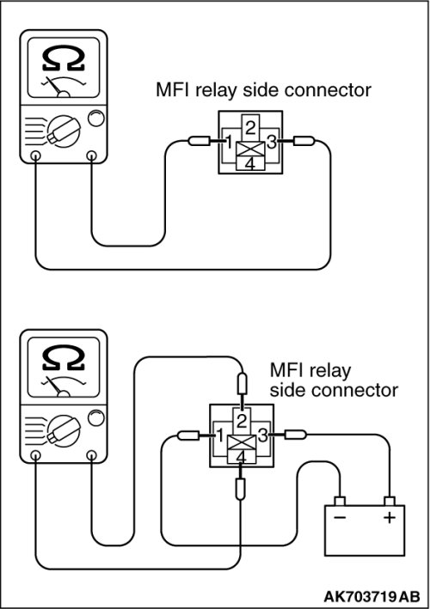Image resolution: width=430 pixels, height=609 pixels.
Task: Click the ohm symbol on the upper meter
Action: pyautogui.click(x=64, y=59)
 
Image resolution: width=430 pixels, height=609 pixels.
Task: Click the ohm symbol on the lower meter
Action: pyautogui.click(x=64, y=358)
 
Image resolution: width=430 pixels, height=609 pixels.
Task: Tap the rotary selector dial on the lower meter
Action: pyautogui.click(x=64, y=430)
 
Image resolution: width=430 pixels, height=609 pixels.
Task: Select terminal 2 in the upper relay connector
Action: pyautogui.click(x=250, y=127)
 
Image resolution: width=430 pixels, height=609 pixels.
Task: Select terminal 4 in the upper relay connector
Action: pyautogui.click(x=250, y=163)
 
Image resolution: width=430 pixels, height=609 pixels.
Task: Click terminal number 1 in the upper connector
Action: pyautogui.click(x=230, y=142)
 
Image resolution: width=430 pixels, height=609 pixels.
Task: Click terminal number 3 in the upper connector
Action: pyautogui.click(x=272, y=142)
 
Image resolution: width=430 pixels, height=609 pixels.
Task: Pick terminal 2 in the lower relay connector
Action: pyautogui.click(x=242, y=421)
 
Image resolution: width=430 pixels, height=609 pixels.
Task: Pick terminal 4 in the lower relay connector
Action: pyautogui.click(x=242, y=457)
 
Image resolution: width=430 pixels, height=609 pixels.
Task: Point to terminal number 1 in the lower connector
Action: pyautogui.click(x=220, y=435)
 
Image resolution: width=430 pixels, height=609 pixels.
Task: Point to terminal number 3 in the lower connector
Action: pyautogui.click(x=263, y=435)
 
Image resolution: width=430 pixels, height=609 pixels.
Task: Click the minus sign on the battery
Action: pyautogui.click(x=340, y=517)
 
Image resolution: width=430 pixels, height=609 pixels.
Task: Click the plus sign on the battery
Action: pyautogui.click(x=390, y=517)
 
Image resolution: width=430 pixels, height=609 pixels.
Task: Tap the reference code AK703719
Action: pyautogui.click(x=360, y=596)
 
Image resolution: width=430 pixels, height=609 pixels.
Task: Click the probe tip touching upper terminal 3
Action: pyautogui.click(x=286, y=141)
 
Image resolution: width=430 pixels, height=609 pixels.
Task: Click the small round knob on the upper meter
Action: pyautogui.click(x=96, y=119)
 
